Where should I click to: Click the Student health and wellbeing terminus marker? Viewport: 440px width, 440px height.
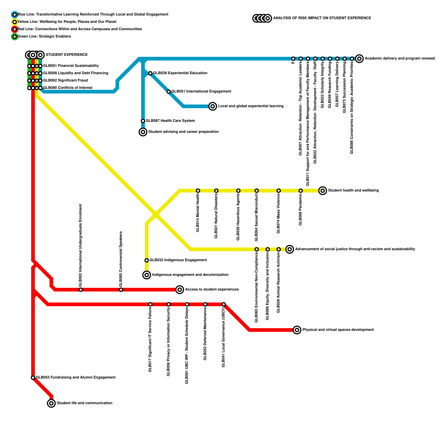(x=323, y=190)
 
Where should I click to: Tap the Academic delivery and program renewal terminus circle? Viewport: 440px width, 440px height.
(x=359, y=59)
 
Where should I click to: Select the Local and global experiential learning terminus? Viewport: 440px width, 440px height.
(x=213, y=106)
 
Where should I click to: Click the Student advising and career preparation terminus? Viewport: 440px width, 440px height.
(x=143, y=132)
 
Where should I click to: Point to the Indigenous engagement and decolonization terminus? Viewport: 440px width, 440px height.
(x=147, y=275)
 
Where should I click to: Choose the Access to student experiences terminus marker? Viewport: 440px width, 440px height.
(x=180, y=290)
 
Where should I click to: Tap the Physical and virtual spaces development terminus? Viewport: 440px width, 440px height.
(x=297, y=330)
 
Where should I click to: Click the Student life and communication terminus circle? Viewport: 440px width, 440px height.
(x=51, y=403)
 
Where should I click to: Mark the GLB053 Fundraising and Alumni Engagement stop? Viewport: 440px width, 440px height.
(x=33, y=378)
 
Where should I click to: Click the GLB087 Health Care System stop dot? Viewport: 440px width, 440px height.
(x=143, y=121)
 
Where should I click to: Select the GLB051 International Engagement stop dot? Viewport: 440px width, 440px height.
(x=169, y=92)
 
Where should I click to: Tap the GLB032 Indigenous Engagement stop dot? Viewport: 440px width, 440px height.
(x=147, y=260)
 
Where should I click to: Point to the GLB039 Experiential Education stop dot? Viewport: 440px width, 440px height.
(x=150, y=73)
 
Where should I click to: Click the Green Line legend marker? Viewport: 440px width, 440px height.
(x=15, y=37)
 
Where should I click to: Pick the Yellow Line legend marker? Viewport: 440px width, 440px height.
(x=15, y=22)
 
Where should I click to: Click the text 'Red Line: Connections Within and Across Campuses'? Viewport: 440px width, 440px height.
(x=80, y=29)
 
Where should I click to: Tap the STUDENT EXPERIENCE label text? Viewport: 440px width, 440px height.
(x=67, y=55)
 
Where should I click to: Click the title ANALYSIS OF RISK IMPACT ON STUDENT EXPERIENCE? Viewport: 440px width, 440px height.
(x=322, y=18)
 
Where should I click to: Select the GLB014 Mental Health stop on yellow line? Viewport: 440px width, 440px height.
(x=198, y=191)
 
